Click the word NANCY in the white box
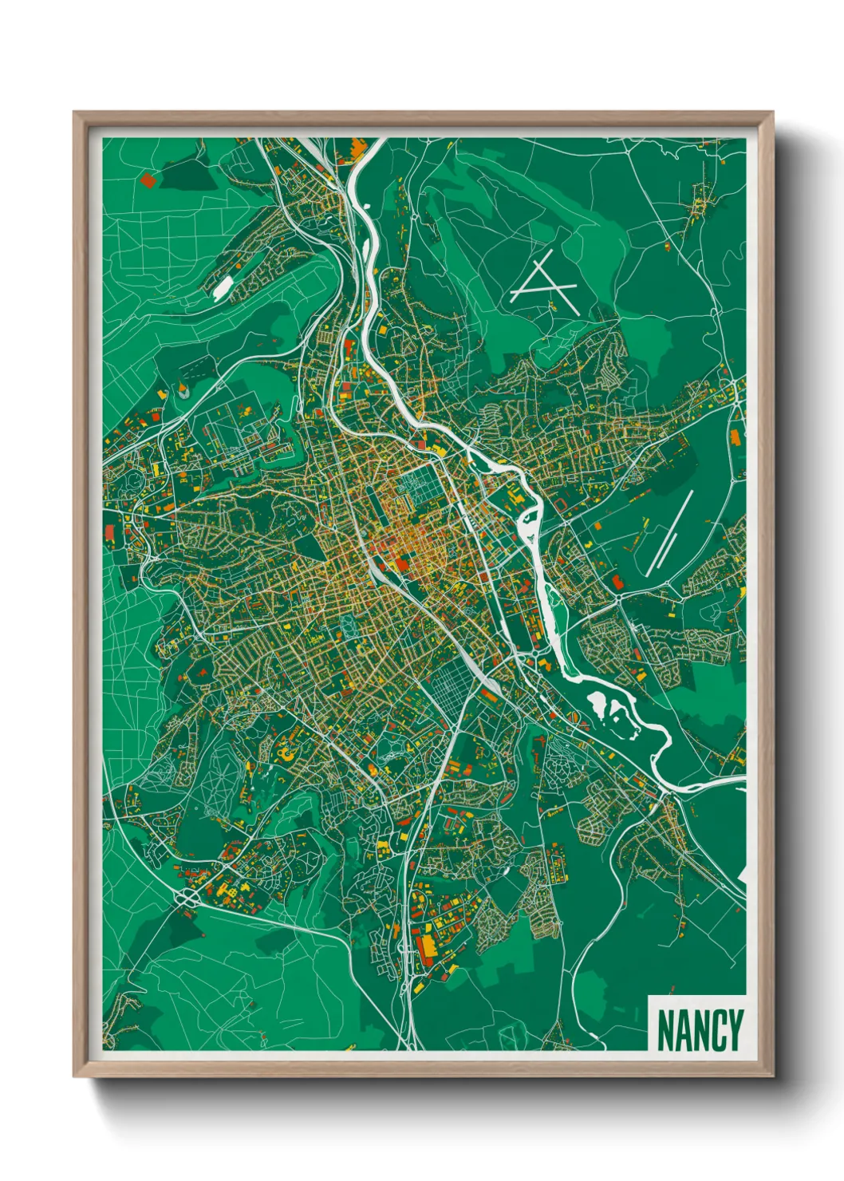(699, 1029)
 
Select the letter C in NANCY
(716, 1029)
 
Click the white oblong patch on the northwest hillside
(223, 288)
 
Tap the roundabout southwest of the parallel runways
(619, 595)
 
